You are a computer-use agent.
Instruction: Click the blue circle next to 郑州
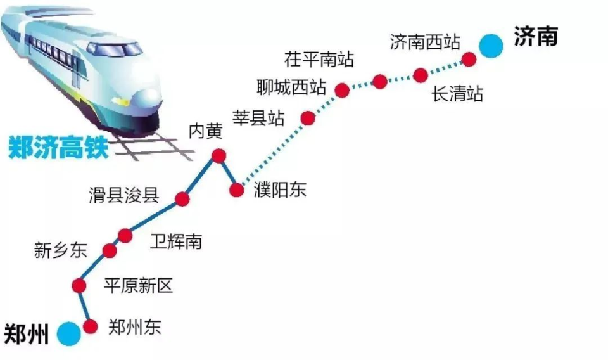point(68,333)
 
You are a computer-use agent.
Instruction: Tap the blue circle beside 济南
point(490,45)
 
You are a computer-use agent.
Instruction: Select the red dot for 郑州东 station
point(91,327)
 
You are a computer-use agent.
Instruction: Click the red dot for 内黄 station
point(219,155)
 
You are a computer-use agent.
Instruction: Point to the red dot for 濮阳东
point(237,190)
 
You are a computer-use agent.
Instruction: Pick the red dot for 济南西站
point(469,60)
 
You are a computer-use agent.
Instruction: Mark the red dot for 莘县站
point(308,118)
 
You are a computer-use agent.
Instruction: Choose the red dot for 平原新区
point(79,286)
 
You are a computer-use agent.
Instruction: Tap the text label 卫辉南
point(176,241)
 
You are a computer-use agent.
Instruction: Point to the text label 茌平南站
point(319,61)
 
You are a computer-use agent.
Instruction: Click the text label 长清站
point(457,94)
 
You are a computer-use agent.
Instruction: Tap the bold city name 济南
point(536,37)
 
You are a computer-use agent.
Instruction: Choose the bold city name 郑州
point(27,333)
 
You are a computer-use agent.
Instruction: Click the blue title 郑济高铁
point(59,148)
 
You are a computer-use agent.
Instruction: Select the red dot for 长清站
point(421,75)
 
